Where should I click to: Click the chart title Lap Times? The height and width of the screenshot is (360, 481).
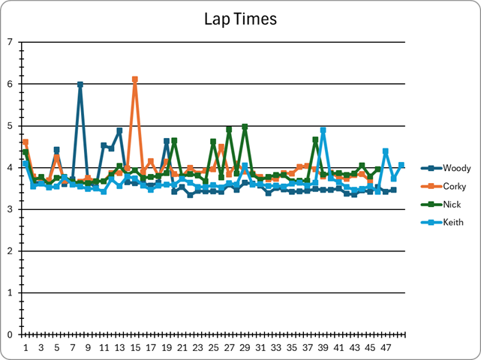[240, 19]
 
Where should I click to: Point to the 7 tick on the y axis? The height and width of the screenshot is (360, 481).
[10, 42]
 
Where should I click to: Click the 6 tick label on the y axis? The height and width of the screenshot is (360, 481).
[10, 84]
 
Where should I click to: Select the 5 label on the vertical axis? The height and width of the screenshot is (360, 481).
[10, 126]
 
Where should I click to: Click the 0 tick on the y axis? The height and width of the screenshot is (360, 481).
[10, 334]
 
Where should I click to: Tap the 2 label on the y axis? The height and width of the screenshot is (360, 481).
[10, 251]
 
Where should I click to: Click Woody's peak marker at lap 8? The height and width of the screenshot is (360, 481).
[80, 85]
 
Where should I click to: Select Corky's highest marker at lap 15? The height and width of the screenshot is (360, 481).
[135, 79]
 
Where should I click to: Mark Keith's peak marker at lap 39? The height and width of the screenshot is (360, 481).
[323, 130]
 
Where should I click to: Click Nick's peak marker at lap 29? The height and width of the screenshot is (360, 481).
[245, 127]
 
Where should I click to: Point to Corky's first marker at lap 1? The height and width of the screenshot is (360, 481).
[26, 142]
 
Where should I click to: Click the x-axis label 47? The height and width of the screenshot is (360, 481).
[386, 348]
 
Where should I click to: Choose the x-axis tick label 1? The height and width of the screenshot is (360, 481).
[26, 348]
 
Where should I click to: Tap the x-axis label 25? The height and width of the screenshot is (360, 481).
[213, 348]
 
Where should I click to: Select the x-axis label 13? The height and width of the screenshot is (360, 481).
[119, 348]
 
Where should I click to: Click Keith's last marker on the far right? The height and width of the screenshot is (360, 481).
[401, 165]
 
